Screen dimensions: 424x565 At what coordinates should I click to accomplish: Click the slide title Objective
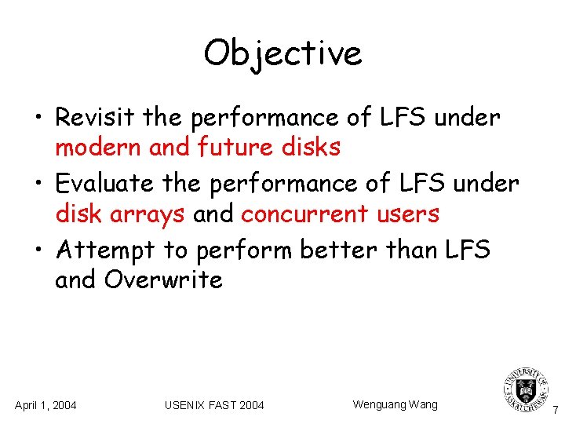tap(282, 53)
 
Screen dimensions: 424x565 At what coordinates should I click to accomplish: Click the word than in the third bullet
tap(417, 250)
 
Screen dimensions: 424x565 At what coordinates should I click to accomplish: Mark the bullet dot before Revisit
tap(39, 119)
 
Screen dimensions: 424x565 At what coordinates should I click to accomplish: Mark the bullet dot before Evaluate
tap(39, 185)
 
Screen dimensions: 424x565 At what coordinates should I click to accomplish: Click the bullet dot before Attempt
tap(39, 251)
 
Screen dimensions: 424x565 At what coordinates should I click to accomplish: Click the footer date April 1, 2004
tap(46, 405)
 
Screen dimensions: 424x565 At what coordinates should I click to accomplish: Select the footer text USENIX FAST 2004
tap(214, 405)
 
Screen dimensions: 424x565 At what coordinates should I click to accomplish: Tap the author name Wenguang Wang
tap(395, 404)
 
